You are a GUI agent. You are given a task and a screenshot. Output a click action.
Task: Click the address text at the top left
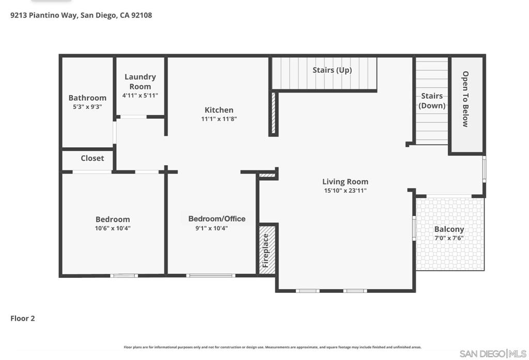pos(82,15)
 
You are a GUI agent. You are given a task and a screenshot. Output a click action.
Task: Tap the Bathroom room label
pos(87,98)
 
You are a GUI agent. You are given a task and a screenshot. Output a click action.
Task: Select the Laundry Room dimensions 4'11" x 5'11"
pos(140,96)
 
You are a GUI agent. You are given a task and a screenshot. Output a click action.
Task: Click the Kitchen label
pos(219,109)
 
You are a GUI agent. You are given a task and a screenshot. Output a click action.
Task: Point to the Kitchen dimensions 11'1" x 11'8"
pos(219,119)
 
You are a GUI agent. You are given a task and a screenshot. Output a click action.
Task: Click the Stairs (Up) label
pos(332,70)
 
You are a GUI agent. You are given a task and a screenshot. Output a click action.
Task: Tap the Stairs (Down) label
pos(432,101)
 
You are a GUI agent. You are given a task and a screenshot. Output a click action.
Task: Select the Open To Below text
pos(465,99)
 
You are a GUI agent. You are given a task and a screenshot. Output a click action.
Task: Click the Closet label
pos(92,158)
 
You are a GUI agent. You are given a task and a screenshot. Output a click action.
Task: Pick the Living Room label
pos(345,181)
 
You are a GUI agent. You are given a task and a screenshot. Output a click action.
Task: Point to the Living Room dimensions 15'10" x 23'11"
pos(345,191)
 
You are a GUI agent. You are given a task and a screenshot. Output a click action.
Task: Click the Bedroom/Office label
pos(217,218)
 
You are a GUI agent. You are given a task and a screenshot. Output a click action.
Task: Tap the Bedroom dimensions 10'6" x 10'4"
pos(113,228)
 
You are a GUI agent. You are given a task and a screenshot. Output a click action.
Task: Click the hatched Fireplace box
pos(267,250)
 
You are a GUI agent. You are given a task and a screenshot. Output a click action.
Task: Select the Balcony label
pos(449,229)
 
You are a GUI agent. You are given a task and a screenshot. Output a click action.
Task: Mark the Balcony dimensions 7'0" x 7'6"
pos(449,238)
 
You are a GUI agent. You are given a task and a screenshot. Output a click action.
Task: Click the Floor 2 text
pos(23,318)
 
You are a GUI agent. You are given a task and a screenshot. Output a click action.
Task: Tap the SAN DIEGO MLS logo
pos(493,353)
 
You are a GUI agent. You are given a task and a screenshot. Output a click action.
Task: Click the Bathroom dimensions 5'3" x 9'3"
pos(87,107)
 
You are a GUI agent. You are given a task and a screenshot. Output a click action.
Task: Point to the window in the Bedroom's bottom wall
pos(124,276)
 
